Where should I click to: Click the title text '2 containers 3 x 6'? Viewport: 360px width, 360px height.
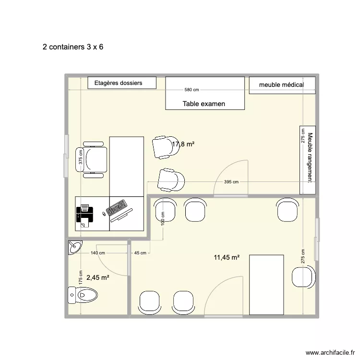point(73,47)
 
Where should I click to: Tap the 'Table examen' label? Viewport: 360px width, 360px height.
point(204,104)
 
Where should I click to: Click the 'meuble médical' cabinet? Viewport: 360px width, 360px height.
point(282,85)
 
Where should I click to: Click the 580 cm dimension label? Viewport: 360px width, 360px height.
point(192,90)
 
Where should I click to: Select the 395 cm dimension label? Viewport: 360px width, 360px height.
point(231,182)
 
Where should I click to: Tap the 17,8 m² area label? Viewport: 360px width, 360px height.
point(183,144)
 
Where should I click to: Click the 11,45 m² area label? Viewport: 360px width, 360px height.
point(227,257)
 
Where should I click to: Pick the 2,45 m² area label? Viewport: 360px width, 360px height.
point(98,277)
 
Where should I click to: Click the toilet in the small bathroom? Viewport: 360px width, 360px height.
point(83,294)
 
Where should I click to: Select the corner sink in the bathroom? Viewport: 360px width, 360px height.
point(74,247)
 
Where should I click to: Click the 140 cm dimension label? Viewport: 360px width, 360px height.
point(97,253)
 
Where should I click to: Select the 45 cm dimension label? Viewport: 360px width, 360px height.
point(140,253)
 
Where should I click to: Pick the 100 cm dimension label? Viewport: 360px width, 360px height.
point(163,219)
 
